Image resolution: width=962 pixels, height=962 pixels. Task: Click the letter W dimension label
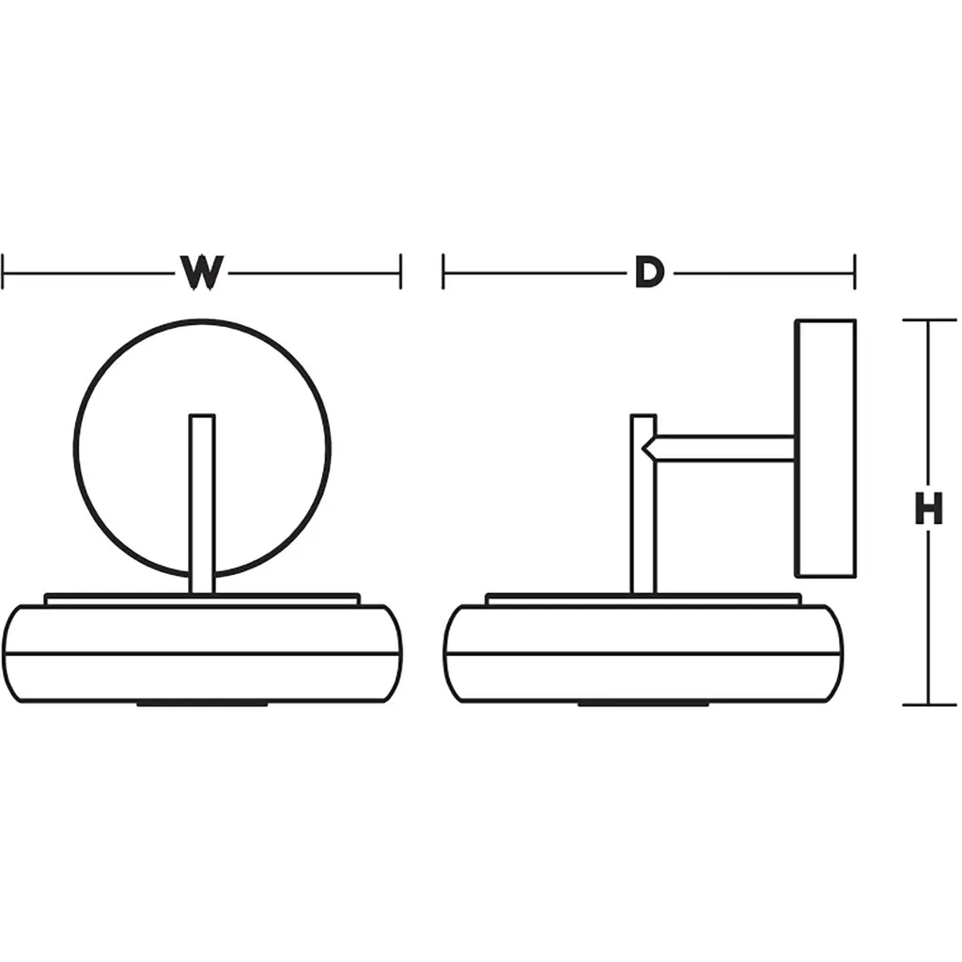click(x=202, y=272)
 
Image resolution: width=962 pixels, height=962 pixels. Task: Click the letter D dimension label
click(x=650, y=272)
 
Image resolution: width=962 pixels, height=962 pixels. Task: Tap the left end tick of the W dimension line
click(x=3, y=272)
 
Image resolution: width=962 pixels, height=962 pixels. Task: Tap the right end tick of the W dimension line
click(x=400, y=272)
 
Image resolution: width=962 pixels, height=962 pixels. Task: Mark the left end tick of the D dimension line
click(x=443, y=272)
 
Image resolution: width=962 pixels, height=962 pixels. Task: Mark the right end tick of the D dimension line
click(x=854, y=272)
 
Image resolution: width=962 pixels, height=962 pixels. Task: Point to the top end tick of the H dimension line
click(x=929, y=319)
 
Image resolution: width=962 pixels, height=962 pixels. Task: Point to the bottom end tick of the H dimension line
click(x=929, y=705)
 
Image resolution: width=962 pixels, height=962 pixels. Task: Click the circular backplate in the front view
click(x=203, y=448)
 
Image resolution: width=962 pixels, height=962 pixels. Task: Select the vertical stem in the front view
click(x=203, y=504)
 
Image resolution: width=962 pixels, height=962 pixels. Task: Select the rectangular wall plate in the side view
click(x=825, y=448)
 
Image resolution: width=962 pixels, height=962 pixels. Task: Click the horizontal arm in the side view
click(x=719, y=448)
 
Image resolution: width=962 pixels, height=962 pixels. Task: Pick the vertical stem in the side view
click(x=644, y=504)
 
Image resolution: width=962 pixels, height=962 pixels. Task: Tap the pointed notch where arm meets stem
click(x=644, y=448)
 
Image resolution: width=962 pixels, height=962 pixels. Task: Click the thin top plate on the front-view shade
click(x=203, y=599)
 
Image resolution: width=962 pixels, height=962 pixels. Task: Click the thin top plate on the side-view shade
click(x=644, y=599)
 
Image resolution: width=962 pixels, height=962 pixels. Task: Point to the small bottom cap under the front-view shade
click(x=203, y=704)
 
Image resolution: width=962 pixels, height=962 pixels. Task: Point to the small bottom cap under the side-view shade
click(x=644, y=704)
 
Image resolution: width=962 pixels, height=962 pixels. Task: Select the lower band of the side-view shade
click(x=644, y=678)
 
